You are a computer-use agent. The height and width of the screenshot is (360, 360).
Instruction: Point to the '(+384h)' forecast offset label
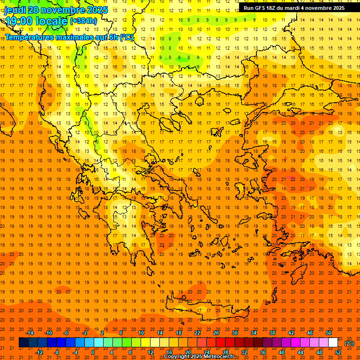click(83, 21)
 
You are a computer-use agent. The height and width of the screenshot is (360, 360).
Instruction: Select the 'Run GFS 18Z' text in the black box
click(260, 8)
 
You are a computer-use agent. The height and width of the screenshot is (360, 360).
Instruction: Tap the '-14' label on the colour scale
click(30, 333)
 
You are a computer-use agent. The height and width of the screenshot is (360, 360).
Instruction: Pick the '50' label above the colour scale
click(329, 333)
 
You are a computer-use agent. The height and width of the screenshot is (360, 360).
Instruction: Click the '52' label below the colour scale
click(338, 352)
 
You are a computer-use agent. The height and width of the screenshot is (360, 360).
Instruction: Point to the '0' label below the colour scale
click(92, 352)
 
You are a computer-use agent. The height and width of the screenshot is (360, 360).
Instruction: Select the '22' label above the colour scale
click(197, 333)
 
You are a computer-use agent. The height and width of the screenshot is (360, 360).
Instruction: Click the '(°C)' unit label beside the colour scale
click(349, 343)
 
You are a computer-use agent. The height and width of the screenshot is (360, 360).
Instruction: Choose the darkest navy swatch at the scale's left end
click(23, 343)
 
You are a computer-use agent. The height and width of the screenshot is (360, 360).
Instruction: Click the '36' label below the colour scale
click(263, 352)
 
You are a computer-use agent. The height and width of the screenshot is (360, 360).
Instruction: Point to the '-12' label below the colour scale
click(39, 352)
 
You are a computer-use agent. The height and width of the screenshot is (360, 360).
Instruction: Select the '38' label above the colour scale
click(272, 333)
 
